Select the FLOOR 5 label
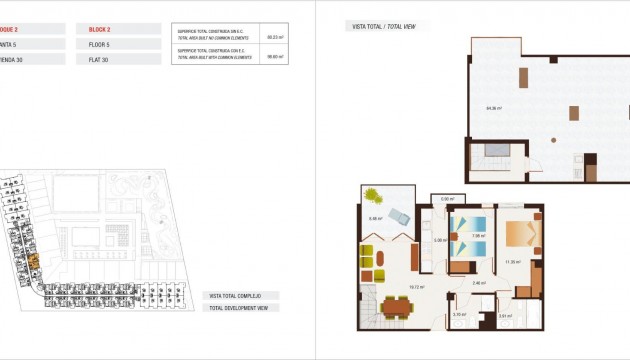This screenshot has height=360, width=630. click(99, 44)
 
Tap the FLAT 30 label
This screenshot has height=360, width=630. click(97, 59)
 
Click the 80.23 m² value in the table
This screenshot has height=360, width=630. click(273, 37)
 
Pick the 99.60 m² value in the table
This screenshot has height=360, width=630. click(273, 57)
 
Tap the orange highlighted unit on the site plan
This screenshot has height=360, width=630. click(33, 261)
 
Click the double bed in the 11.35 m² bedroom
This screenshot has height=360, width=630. click(520, 233)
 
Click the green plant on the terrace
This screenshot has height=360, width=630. click(372, 194)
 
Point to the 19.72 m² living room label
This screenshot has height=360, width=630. click(417, 287)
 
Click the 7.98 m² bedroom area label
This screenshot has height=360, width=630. click(478, 237)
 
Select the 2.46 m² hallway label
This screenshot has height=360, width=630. click(479, 283)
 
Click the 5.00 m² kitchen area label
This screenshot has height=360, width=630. click(438, 240)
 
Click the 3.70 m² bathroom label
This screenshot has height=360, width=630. click(459, 315)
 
